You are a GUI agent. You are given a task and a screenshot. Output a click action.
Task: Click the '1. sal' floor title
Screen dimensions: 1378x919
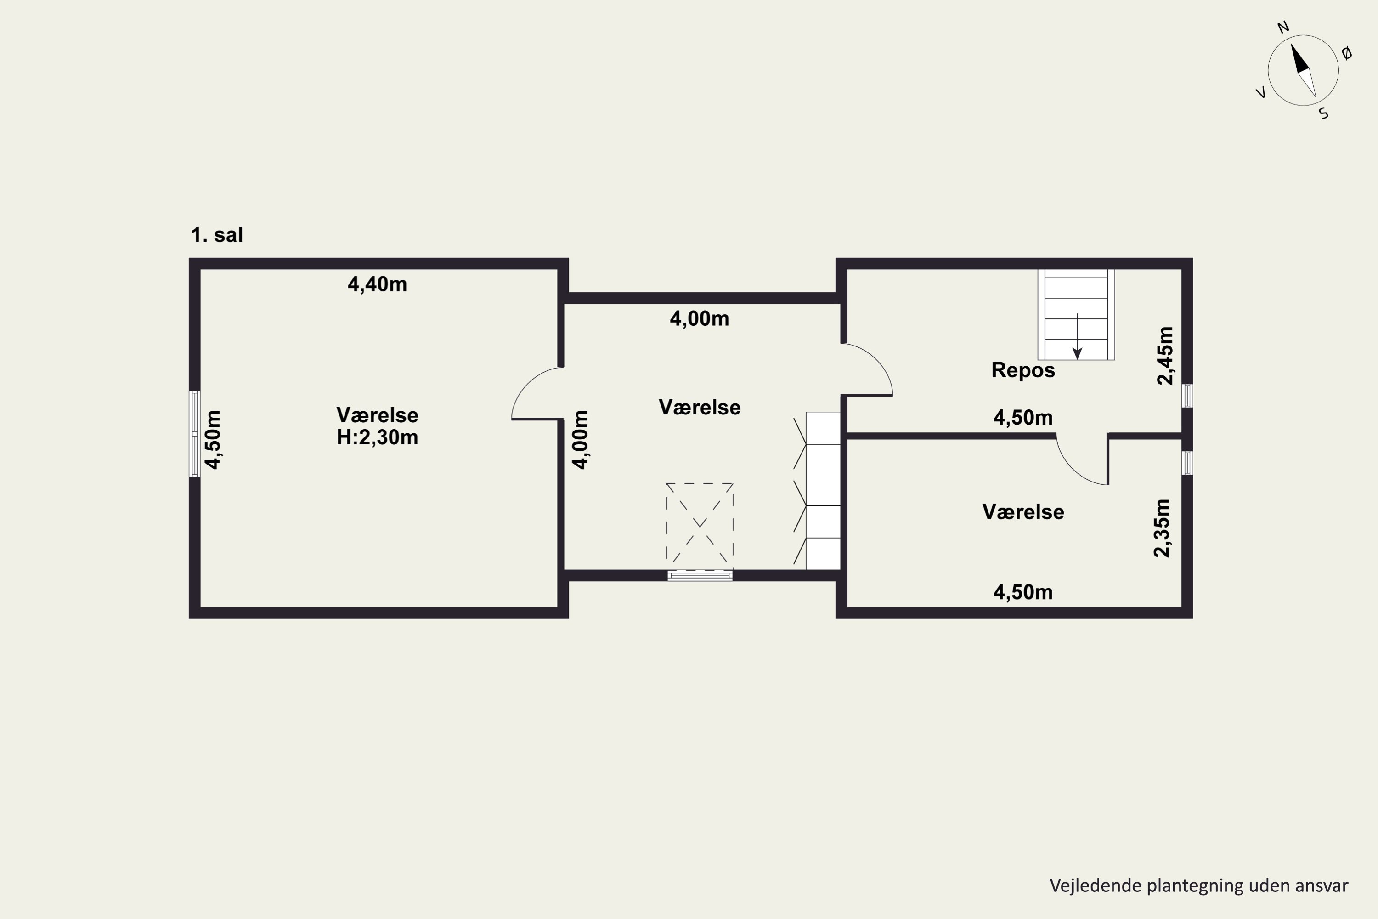click(217, 235)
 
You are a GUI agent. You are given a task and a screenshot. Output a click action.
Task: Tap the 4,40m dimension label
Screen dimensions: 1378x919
click(377, 284)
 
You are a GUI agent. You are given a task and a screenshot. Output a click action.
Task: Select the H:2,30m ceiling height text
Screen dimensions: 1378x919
click(377, 438)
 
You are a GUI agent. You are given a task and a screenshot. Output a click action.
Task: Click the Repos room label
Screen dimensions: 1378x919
click(1023, 370)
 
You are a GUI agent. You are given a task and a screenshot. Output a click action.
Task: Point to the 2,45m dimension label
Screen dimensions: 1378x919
click(1165, 355)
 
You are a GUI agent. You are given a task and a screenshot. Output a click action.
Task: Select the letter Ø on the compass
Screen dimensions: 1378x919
click(1347, 53)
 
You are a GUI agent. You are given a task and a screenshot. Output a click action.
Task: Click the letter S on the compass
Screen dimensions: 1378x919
click(1323, 113)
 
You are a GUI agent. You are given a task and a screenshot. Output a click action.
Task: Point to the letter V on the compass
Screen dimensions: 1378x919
click(1261, 93)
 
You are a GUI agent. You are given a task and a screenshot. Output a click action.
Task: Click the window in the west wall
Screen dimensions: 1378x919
click(194, 434)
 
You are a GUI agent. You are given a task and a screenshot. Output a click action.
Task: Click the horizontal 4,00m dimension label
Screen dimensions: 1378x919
click(700, 319)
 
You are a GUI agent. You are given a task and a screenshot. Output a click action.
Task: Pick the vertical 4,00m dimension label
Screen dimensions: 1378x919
click(580, 440)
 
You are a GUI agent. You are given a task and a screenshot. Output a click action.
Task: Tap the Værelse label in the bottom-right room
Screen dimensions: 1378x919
click(1023, 512)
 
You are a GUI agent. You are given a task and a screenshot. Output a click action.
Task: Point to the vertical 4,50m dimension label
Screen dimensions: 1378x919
click(213, 440)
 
